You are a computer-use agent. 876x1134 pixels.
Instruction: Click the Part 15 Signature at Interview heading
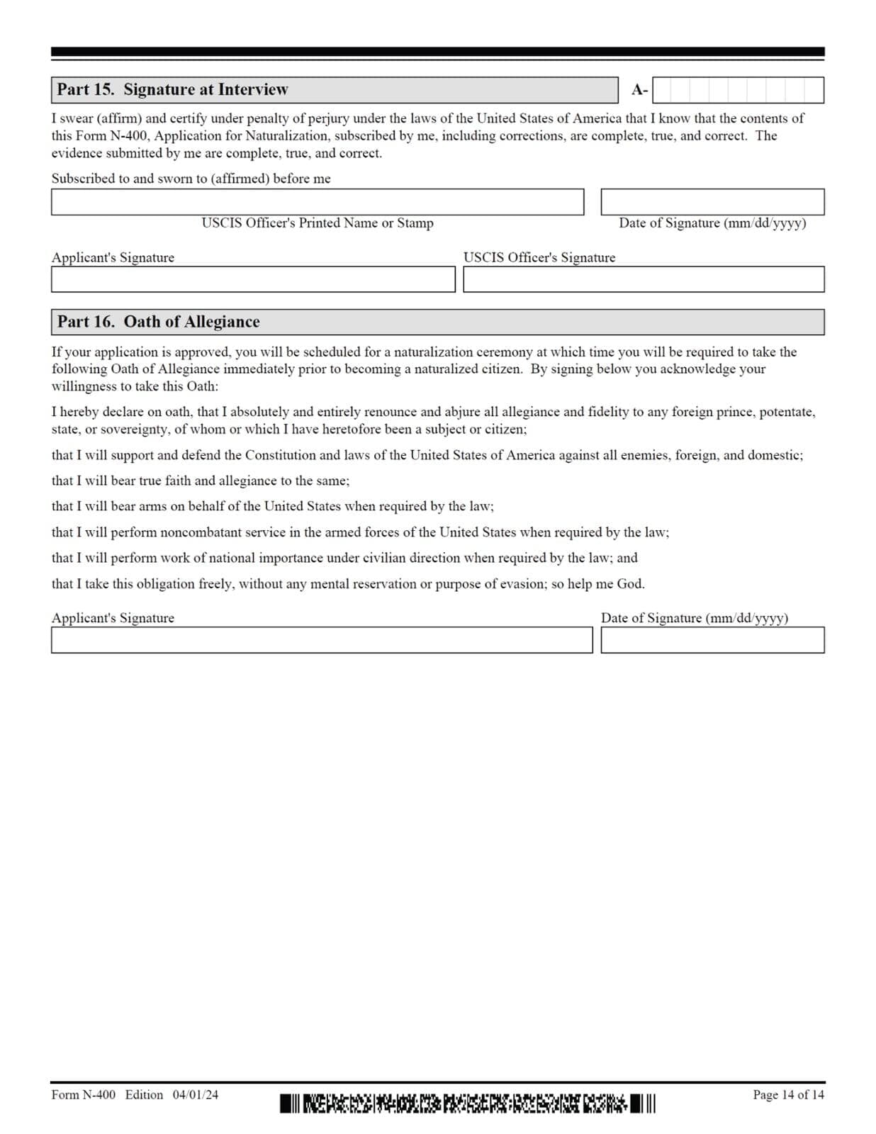pyautogui.click(x=172, y=89)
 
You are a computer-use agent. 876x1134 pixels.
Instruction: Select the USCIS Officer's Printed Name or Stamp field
pyautogui.click(x=317, y=202)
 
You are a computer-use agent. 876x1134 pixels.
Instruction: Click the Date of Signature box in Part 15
pyautogui.click(x=712, y=202)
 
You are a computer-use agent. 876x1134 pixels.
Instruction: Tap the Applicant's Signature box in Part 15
pyautogui.click(x=252, y=279)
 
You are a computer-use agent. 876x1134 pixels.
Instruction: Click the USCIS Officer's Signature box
pyautogui.click(x=643, y=279)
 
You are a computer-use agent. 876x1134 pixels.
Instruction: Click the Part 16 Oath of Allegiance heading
pyautogui.click(x=158, y=322)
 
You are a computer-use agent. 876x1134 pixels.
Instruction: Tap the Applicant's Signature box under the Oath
pyautogui.click(x=321, y=640)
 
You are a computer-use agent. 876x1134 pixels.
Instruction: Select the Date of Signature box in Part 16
pyautogui.click(x=712, y=640)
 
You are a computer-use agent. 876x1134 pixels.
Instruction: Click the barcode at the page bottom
pyautogui.click(x=467, y=1103)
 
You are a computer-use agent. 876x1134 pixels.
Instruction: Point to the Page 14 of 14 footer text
pyautogui.click(x=787, y=1095)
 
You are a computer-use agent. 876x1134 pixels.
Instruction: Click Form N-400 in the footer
pyautogui.click(x=83, y=1095)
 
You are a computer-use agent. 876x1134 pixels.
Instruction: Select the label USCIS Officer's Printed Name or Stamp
pyautogui.click(x=317, y=223)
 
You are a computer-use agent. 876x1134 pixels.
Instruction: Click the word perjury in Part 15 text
pyautogui.click(x=328, y=118)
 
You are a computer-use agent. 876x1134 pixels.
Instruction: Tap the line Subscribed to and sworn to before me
pyautogui.click(x=191, y=179)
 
